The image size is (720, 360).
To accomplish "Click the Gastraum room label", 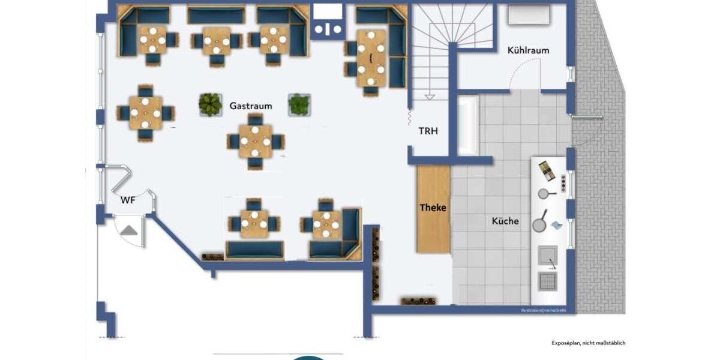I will coord(250,106).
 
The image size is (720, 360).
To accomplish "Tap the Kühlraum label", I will coord(528,50).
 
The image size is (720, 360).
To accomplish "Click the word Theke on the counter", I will coord(433,208).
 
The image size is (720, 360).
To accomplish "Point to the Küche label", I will coord(505,221).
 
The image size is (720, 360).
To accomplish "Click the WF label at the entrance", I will coord(128,200).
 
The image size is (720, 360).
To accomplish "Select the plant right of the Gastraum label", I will coord(299,104).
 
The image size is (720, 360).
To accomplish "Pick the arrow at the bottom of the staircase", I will coord(430,96).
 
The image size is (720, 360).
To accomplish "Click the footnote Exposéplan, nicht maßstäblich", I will coord(588,343).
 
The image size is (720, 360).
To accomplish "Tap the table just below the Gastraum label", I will coord(255,142).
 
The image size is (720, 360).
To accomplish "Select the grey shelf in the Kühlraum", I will coord(529,15).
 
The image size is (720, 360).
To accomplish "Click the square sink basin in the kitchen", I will coord(548,256).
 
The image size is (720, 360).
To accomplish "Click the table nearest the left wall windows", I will coord(145,113).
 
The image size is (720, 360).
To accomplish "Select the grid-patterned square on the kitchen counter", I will coord(548,281).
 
